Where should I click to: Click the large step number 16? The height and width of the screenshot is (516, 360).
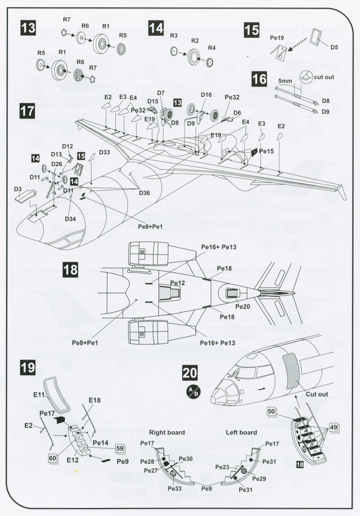click(259, 79)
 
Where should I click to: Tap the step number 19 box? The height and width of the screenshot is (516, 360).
click(28, 367)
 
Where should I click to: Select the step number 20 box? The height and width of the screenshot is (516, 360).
click(190, 373)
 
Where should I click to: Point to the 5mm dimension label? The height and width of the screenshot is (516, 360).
click(285, 81)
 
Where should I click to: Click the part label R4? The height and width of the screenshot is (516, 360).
click(211, 48)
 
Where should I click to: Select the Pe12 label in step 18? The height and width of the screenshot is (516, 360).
click(178, 283)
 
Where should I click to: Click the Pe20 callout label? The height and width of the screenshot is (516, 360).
click(243, 306)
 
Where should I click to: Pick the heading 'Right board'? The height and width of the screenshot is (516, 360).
click(167, 432)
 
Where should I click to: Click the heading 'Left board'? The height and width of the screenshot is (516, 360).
click(241, 432)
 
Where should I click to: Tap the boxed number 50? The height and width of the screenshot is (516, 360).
click(271, 411)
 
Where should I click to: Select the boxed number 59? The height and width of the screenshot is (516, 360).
click(120, 448)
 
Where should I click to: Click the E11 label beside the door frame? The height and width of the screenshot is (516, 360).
click(39, 395)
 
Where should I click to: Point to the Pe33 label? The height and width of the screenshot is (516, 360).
click(174, 489)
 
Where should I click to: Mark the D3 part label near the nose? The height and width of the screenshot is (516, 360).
click(18, 189)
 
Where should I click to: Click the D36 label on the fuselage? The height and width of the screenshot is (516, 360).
click(145, 192)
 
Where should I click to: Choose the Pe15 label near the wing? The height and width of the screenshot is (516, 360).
click(266, 151)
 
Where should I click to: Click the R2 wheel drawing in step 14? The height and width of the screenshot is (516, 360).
click(194, 57)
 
